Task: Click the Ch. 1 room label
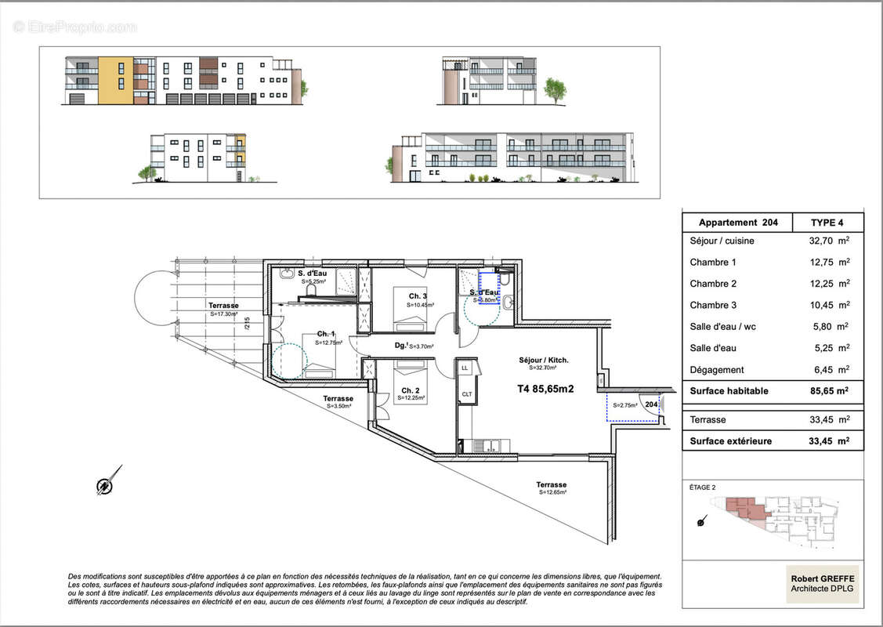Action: coord(326,333)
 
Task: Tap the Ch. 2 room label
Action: coord(408,390)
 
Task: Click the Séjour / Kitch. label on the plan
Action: coord(544,361)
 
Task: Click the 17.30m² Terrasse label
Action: coord(223,306)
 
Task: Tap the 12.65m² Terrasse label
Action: coord(552,484)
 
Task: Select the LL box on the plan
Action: coord(465,367)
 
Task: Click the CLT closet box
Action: coord(465,394)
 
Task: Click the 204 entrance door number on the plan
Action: coord(650,404)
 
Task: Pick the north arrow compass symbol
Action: coord(107,482)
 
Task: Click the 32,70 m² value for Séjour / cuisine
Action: coord(829,241)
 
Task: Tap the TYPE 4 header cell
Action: coord(828,223)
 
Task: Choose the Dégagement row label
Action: coord(717,370)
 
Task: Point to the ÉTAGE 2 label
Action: coord(702,487)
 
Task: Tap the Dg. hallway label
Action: coord(400,345)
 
